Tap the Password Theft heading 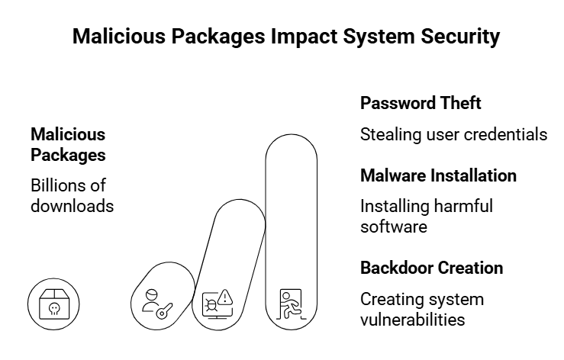coord(421,103)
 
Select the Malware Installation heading coord(438,175)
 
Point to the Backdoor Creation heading coord(431,268)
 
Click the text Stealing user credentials coord(453,135)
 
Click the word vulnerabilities coord(412,319)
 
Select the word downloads coord(72,205)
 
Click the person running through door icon coord(291,304)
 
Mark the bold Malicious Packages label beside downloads coord(68,144)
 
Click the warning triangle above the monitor coord(224,297)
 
